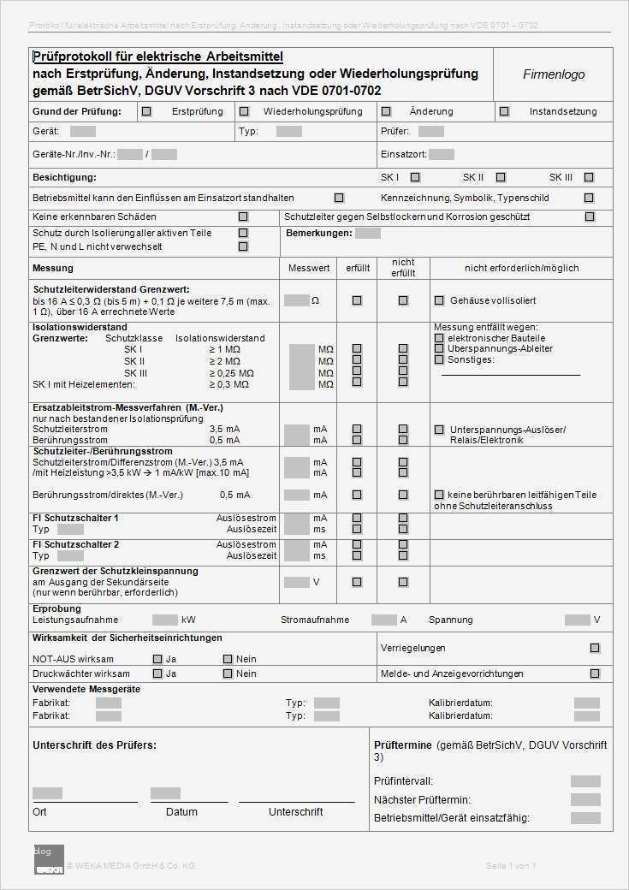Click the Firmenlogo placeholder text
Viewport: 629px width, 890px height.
coord(554,74)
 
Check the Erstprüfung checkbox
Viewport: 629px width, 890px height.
coord(146,111)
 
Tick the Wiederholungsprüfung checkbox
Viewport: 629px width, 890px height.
coord(244,111)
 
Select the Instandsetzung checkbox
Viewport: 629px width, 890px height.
coord(504,111)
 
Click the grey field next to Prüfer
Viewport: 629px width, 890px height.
coord(431,132)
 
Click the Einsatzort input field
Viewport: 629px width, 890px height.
coord(442,155)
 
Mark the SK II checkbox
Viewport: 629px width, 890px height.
coord(501,177)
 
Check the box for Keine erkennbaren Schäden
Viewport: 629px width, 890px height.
coord(243,217)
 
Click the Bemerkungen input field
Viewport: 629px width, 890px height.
coord(368,233)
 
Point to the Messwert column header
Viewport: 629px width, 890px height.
coord(309,268)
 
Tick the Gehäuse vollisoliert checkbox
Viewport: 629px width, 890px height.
coord(439,300)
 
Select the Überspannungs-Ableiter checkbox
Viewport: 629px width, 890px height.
coord(439,348)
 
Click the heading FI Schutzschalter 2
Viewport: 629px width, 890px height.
coord(76,544)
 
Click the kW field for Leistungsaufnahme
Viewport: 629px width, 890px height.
coord(164,620)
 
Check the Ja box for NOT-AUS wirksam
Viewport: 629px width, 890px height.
coord(157,659)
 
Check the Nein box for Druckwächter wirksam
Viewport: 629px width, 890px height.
coord(228,673)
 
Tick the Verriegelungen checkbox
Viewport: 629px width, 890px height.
coord(595,648)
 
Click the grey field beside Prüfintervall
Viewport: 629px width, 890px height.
coord(585,781)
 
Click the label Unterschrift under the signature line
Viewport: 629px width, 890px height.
coord(295,811)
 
